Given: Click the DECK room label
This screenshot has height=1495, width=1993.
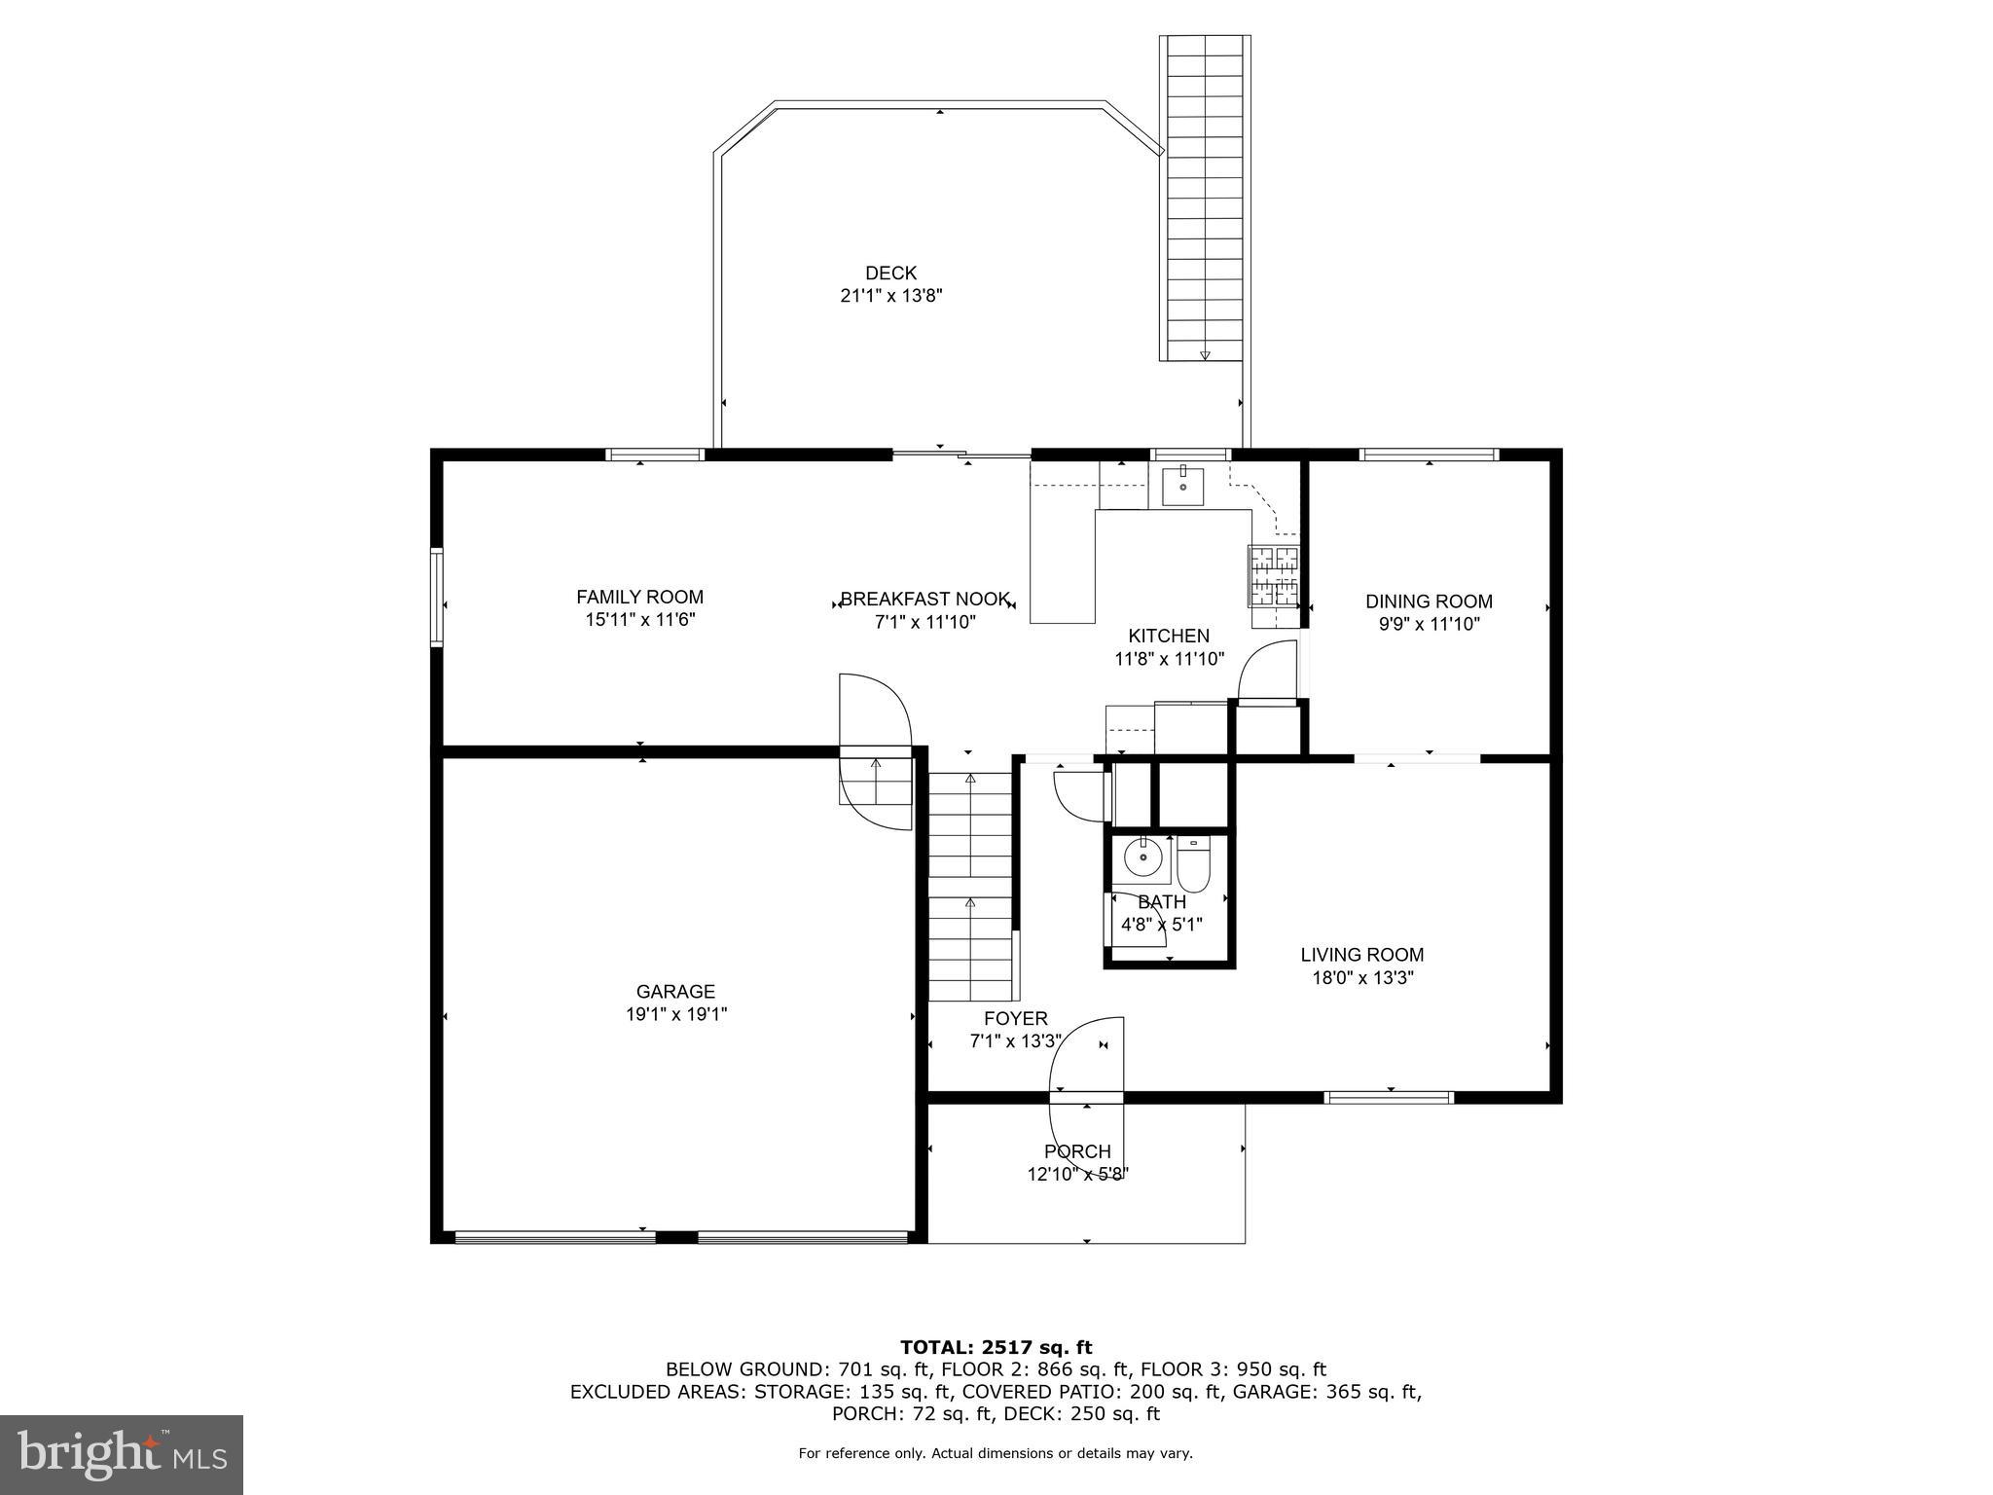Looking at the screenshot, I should (x=890, y=273).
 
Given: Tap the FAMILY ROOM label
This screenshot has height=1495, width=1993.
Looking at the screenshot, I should (x=639, y=597).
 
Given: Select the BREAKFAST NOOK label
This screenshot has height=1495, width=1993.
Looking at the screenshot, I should (x=924, y=600).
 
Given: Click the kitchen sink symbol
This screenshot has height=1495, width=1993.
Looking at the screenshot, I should (x=1182, y=486).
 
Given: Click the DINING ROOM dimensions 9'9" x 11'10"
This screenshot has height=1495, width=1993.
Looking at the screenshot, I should (x=1429, y=624).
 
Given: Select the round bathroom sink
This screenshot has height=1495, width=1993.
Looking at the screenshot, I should (x=1142, y=858).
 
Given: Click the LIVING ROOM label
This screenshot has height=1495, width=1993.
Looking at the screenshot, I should (x=1361, y=955).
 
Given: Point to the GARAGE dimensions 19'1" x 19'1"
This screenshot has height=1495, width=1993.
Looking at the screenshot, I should (x=675, y=1014).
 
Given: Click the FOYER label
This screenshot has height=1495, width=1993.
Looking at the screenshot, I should (x=1015, y=1018).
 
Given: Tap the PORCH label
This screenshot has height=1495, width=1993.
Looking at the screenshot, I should (x=1077, y=1151).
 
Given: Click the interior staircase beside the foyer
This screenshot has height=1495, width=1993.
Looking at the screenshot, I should (x=969, y=886).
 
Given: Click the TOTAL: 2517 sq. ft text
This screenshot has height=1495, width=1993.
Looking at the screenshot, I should (x=996, y=1347).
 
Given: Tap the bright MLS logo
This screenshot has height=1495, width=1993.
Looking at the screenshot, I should (x=122, y=1454).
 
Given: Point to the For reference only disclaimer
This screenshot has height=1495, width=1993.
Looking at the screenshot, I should (x=996, y=1453).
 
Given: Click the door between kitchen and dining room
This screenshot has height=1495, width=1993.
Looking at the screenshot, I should (x=1267, y=672).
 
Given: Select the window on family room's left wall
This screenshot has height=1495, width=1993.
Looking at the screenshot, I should (x=437, y=598).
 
